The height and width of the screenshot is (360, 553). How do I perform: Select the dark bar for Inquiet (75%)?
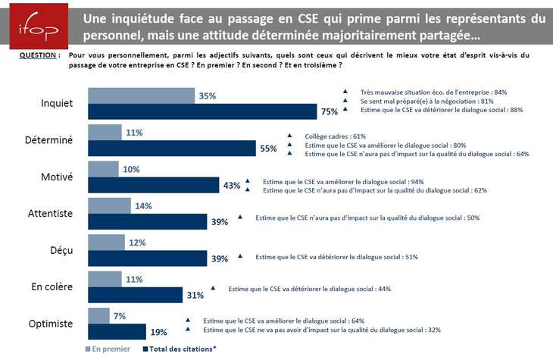pyautogui.click(x=202, y=112)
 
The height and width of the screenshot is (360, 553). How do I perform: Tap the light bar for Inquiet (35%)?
pyautogui.click(x=141, y=95)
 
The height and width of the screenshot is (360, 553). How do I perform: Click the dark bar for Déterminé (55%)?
pyautogui.click(x=172, y=149)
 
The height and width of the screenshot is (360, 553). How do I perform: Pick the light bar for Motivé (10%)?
pyautogui.click(x=104, y=168)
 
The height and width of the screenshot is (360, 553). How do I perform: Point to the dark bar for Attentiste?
pyautogui.click(x=148, y=221)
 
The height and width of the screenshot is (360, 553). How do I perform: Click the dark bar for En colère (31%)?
pyautogui.click(x=136, y=294)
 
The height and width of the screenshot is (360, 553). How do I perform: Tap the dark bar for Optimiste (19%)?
pyautogui.click(x=118, y=330)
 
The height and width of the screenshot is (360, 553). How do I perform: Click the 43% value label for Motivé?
pyautogui.click(x=232, y=186)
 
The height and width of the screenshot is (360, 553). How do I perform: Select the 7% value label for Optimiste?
pyautogui.click(x=120, y=315)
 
